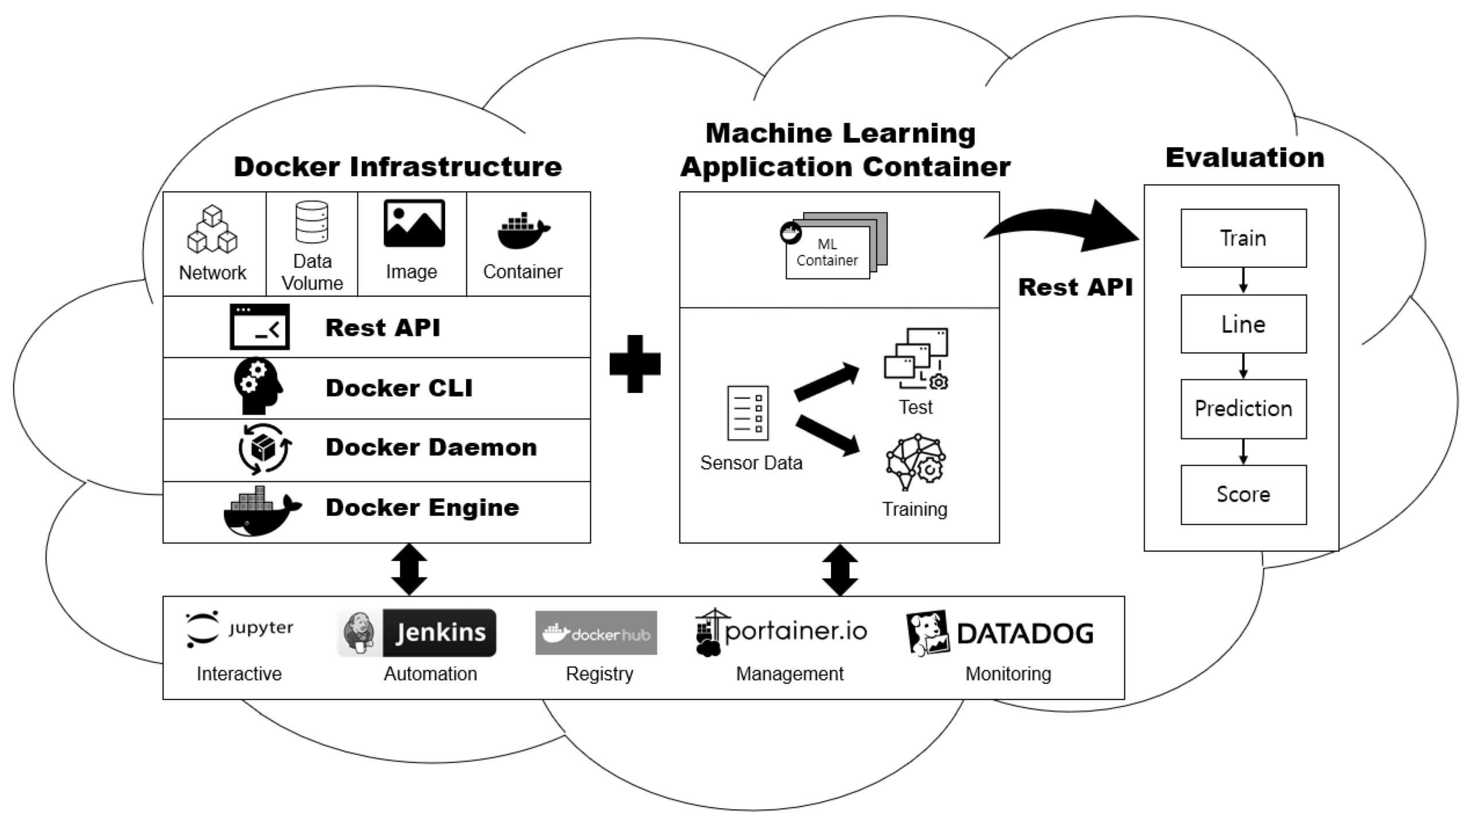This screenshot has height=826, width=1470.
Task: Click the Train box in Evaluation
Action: point(1243,238)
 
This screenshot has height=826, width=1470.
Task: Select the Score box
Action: point(1243,495)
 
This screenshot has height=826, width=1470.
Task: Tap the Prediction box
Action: point(1243,408)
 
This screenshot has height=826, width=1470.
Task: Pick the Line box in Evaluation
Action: point(1243,324)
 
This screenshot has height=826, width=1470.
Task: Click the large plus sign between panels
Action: point(635,364)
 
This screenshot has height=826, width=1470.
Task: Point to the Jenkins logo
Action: point(417,632)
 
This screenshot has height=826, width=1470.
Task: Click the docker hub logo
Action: point(596,633)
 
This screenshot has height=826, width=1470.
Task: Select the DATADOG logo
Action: point(1000,633)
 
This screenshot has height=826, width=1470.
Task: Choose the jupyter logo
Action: point(239,629)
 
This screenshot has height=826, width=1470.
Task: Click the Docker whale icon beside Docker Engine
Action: point(261,511)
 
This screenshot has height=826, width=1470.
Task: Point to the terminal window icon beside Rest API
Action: point(260,327)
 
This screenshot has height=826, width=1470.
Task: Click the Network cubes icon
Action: point(212,229)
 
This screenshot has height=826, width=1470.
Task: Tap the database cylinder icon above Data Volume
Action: point(312,222)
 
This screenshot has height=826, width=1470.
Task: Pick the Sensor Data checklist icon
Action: point(748,413)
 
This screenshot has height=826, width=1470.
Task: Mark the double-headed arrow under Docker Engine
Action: point(409,569)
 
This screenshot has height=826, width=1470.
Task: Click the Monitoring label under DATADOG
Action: point(1008,673)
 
